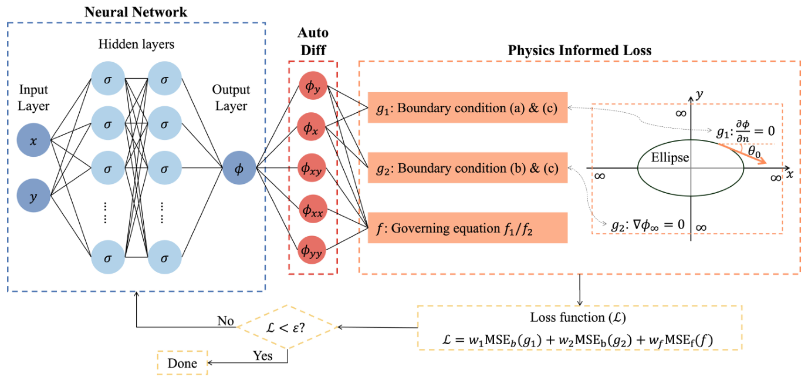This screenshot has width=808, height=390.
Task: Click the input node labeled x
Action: [x=34, y=140]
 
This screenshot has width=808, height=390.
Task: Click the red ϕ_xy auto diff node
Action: [x=313, y=169]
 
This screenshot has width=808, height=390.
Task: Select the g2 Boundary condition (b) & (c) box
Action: [x=467, y=168]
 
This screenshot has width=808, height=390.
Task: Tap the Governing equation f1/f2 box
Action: [x=467, y=228]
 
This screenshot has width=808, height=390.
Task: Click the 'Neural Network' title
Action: [x=136, y=12]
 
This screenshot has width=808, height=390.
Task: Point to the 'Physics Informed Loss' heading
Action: [x=579, y=51]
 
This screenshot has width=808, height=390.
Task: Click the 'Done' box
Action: [x=182, y=363]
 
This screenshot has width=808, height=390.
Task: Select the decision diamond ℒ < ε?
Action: [x=288, y=327]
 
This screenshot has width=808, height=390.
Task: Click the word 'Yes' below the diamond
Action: [x=262, y=355]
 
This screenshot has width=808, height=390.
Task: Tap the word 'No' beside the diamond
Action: [x=225, y=321]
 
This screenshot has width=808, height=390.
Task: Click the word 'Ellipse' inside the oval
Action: [x=670, y=158]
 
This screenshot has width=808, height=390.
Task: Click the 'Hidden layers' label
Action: [x=137, y=44]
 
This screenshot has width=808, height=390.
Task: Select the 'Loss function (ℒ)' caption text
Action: [x=579, y=318]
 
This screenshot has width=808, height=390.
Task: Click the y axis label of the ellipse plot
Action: [x=699, y=93]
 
